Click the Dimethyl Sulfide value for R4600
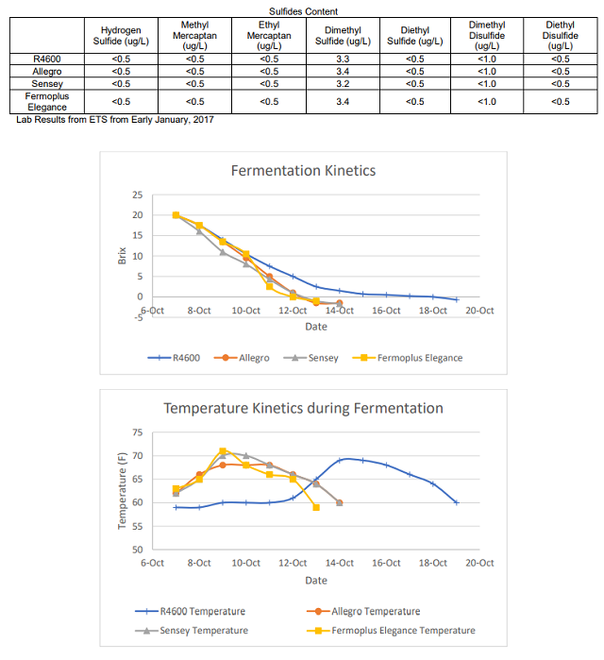pos(343,59)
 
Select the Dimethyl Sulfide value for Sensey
pos(343,84)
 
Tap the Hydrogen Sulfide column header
pos(121,36)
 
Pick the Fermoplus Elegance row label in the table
pos(46,101)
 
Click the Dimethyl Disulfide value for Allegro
pos(487,72)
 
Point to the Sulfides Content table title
pos(303,11)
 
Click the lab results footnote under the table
pos(115,120)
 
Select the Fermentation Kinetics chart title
pos(303,171)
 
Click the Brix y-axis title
pos(122,256)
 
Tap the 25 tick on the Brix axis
pos(138,195)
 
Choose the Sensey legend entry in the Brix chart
pos(310,358)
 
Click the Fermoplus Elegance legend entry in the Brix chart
pos(408,358)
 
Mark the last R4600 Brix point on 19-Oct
pos(457,299)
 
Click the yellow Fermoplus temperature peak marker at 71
pos(223,451)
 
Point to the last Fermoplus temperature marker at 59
pos(316,508)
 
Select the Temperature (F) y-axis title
pos(122,491)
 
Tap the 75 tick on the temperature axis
pos(138,432)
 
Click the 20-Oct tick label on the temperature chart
pos(479,563)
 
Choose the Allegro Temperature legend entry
pos(363,611)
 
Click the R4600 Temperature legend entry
pos(190,611)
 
